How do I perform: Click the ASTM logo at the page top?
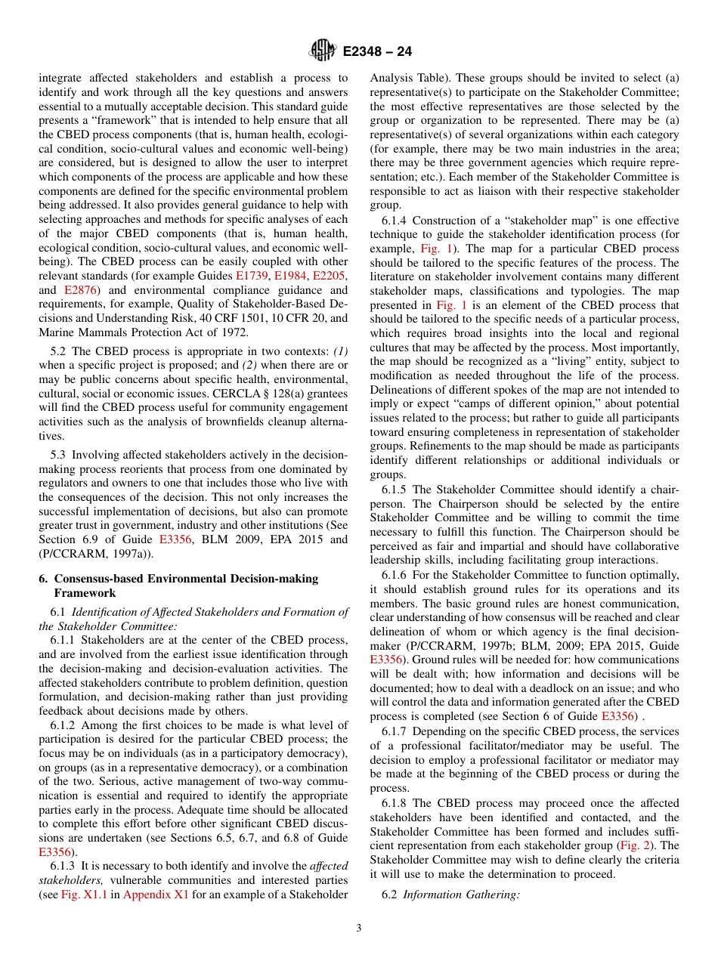pos(323,51)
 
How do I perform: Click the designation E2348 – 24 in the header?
pos(377,52)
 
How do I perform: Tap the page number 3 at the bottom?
pos(359,929)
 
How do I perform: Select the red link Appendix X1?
pos(151,895)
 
